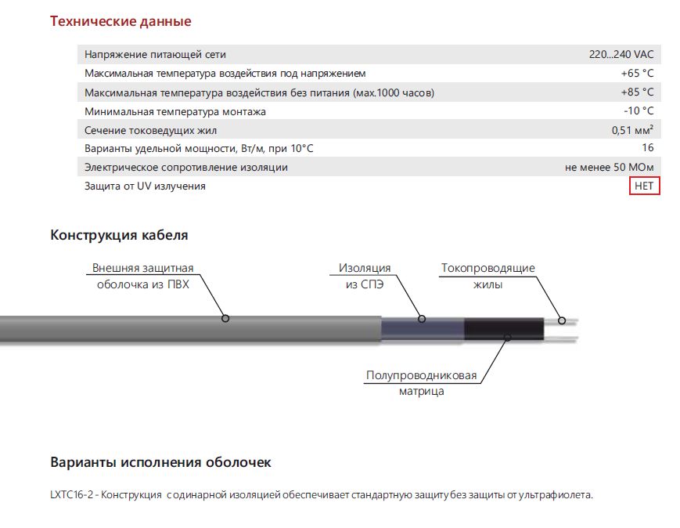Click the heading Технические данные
[121, 21]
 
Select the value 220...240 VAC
[621, 55]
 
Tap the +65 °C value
[637, 74]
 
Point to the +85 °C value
[637, 92]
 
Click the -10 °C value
[638, 111]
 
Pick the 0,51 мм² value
[632, 130]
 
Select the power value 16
[647, 148]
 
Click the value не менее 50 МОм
[609, 167]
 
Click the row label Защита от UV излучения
[145, 186]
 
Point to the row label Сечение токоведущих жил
[150, 130]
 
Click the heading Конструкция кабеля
[119, 235]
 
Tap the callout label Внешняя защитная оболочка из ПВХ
[142, 276]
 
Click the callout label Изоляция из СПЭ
[364, 276]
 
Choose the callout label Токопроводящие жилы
[488, 276]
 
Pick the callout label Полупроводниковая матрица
[421, 383]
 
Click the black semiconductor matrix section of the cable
[501, 330]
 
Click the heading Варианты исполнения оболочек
[160, 462]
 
